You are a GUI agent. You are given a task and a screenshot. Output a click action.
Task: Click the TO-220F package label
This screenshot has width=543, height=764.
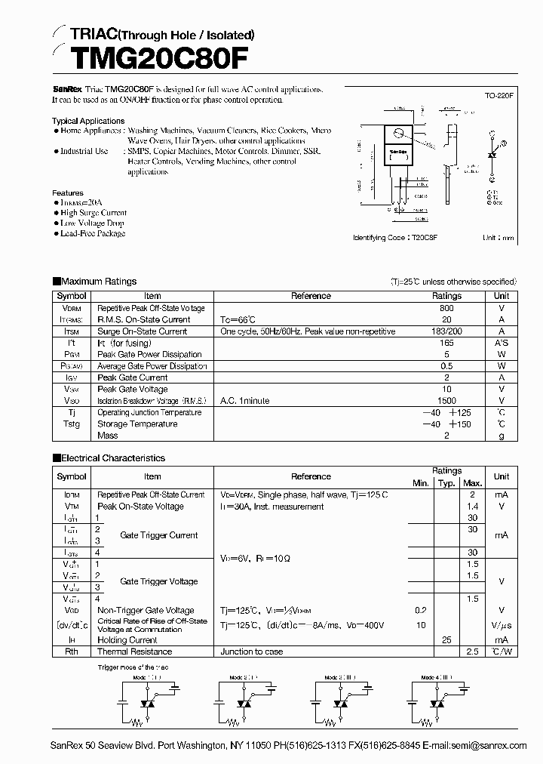(499, 97)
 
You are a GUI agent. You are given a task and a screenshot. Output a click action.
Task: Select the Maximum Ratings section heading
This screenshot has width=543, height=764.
(99, 282)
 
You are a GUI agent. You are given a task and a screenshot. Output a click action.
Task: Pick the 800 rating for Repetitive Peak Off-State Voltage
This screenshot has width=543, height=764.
(446, 308)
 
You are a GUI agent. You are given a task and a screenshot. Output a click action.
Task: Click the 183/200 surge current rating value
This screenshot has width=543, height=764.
(446, 331)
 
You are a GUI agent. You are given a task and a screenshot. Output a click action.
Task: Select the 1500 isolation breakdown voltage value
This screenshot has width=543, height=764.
(446, 401)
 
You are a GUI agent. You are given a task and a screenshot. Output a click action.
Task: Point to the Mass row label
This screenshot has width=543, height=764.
(108, 436)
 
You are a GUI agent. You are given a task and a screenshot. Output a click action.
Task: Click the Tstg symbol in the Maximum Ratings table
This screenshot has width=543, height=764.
(72, 424)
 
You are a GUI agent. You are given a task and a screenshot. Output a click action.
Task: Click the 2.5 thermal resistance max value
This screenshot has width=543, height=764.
(473, 652)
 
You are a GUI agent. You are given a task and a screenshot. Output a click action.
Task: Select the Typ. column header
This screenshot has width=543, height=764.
(446, 483)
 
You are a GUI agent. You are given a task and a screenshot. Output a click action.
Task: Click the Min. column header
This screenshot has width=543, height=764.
(421, 483)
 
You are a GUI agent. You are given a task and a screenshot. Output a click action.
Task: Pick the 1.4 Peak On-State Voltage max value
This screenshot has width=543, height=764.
(473, 507)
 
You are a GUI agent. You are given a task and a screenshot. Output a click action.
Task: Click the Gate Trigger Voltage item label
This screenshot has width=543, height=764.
(159, 581)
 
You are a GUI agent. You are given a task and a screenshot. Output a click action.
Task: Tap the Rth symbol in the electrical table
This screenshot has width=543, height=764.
(72, 652)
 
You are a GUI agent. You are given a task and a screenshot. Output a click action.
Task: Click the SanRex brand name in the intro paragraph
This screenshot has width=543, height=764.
(66, 89)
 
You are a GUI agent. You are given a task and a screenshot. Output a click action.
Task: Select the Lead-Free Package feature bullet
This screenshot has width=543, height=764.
(93, 233)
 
